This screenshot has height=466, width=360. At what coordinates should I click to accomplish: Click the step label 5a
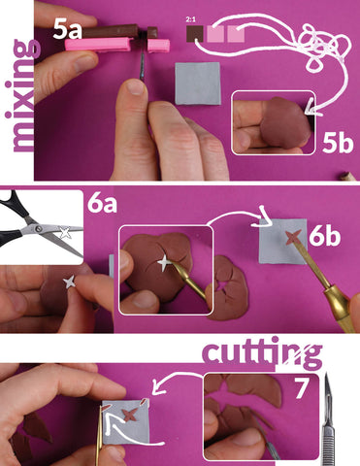click(67, 29)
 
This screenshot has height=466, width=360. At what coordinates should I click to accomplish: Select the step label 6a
click(102, 203)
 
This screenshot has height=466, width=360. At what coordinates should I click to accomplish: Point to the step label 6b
click(324, 237)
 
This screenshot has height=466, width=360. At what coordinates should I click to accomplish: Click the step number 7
click(301, 388)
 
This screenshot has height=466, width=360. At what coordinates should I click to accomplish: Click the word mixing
click(22, 96)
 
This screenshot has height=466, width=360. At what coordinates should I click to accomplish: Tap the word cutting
click(262, 353)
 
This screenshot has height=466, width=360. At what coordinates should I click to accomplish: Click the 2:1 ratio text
click(190, 19)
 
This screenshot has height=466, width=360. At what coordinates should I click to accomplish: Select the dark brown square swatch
click(195, 34)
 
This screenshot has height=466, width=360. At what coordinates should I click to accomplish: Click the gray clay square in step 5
click(198, 83)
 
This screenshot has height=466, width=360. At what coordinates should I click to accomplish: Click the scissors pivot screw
click(39, 229)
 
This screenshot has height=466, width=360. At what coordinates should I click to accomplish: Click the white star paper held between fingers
click(70, 282)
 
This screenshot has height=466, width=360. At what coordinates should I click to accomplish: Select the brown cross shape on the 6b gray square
click(293, 238)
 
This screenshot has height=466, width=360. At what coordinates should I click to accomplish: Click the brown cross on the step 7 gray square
click(130, 415)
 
